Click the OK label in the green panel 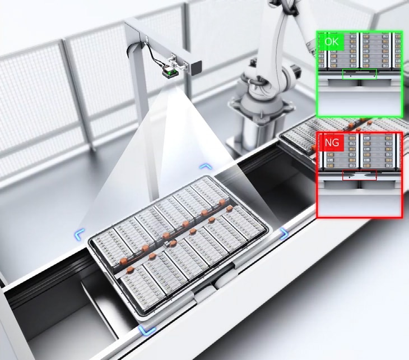(x=332, y=41)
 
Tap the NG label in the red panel (x=332, y=143)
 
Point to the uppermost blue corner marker (x=206, y=167)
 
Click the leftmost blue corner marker (x=80, y=234)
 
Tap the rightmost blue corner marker (x=284, y=233)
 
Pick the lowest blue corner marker (x=147, y=330)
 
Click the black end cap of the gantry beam (x=197, y=67)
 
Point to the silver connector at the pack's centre (x=167, y=244)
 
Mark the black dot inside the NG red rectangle (x=350, y=177)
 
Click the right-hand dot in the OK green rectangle (x=375, y=76)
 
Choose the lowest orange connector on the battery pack (x=130, y=270)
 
